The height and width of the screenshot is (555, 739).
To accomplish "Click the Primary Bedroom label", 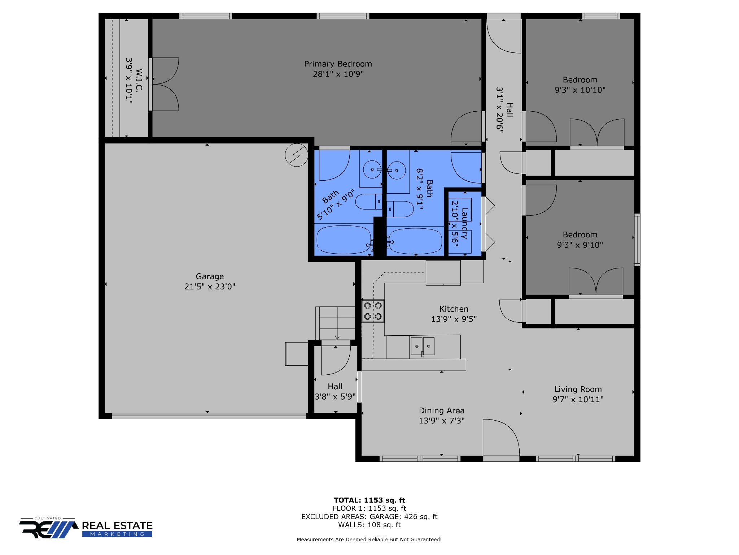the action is [338, 64].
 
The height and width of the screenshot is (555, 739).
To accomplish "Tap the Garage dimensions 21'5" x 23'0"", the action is [210, 287].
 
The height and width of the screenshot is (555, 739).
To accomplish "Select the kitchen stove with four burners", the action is [373, 311].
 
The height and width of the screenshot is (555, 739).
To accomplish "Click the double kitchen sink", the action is [422, 346].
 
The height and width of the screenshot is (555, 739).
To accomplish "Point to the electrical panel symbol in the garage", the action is [297, 155].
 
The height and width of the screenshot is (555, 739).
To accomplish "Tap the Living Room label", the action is [578, 390].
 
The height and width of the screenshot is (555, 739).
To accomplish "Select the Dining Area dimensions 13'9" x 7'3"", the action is [442, 421].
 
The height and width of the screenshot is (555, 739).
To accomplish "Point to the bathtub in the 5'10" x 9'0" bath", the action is [344, 240].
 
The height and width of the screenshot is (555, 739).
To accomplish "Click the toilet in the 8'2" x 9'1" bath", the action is [400, 209].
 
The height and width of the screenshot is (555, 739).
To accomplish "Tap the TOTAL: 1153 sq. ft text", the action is [369, 500].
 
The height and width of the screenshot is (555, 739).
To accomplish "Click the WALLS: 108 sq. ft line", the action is [369, 525].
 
